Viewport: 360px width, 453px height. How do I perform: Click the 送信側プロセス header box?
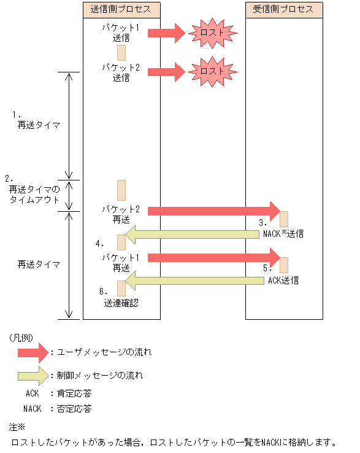pyautogui.click(x=121, y=9)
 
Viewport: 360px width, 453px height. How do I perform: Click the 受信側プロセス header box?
pyautogui.click(x=283, y=9)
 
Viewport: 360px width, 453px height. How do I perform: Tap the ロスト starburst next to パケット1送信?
pyautogui.click(x=212, y=34)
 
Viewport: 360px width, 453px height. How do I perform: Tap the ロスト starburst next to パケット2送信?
pyautogui.click(x=212, y=71)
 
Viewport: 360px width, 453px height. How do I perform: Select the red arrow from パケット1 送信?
pyautogui.click(x=166, y=34)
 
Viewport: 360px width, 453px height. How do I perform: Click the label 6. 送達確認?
pyautogui.click(x=121, y=297)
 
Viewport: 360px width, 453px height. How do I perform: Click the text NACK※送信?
pyautogui.click(x=283, y=234)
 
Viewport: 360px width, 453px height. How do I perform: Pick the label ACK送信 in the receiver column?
pyautogui.click(x=283, y=281)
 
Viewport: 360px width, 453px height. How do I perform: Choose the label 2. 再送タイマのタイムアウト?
pyautogui.click(x=34, y=190)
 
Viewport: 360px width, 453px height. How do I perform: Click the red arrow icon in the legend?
pyautogui.click(x=33, y=352)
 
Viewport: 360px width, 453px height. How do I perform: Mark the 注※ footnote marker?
pyautogui.click(x=16, y=427)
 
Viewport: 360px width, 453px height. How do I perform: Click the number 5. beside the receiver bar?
pyautogui.click(x=267, y=268)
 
